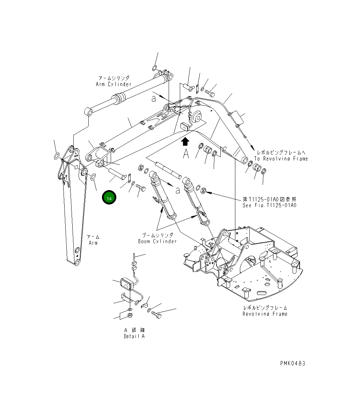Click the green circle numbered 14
109,198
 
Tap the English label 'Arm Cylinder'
114,84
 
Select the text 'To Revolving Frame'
281,159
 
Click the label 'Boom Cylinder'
157,241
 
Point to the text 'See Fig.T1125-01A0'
269,205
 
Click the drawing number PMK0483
292,363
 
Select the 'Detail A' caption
134,336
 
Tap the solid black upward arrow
185,141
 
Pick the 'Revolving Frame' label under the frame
265,314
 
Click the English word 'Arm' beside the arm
93,243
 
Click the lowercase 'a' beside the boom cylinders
178,190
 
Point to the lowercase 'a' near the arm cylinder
154,99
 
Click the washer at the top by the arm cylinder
155,67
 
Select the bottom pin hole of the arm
78,251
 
